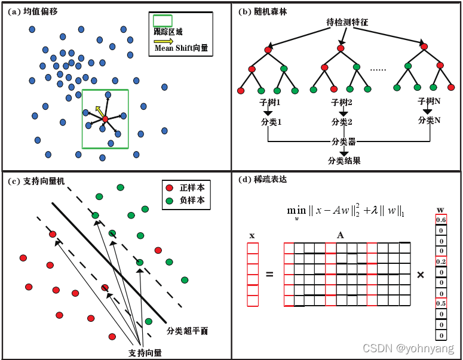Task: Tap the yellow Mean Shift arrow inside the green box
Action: click(x=99, y=112)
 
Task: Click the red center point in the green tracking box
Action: click(x=105, y=119)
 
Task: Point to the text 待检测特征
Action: click(x=348, y=22)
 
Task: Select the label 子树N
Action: click(x=429, y=101)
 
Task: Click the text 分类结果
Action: click(x=344, y=160)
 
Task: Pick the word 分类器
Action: click(x=344, y=141)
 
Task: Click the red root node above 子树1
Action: click(x=268, y=50)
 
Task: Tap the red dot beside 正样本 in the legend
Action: click(x=170, y=187)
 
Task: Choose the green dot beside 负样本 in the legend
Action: click(x=170, y=201)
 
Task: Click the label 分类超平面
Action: click(x=187, y=330)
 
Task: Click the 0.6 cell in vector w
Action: click(x=441, y=220)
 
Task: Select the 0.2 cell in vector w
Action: click(x=441, y=261)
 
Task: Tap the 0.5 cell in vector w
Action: click(x=441, y=303)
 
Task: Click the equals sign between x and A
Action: click(x=269, y=275)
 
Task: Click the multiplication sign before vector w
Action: click(x=421, y=275)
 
